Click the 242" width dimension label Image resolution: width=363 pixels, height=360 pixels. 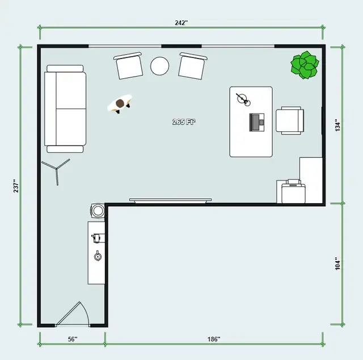[181, 23]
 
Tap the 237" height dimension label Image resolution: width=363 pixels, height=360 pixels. [16, 186]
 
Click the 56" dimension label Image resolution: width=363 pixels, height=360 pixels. [72, 339]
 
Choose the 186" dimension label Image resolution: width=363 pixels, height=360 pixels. [213, 339]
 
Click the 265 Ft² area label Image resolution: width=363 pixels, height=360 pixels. [184, 122]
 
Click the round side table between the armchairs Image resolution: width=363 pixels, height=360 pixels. [159, 66]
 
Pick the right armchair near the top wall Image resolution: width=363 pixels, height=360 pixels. [191, 66]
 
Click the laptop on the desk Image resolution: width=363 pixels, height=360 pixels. [258, 121]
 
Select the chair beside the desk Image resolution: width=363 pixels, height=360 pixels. [290, 120]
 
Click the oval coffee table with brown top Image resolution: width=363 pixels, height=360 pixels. [120, 104]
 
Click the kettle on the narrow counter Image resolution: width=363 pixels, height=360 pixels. [98, 256]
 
